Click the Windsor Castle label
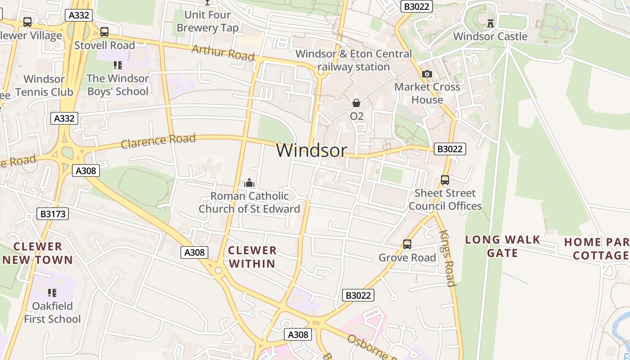click(x=490, y=36)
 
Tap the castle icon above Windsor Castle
click(x=490, y=22)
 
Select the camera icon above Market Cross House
click(x=427, y=74)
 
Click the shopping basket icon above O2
click(x=356, y=103)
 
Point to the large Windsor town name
click(x=311, y=150)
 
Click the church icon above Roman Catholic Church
click(x=249, y=183)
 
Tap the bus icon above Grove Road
click(x=407, y=244)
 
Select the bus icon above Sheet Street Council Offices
click(x=445, y=180)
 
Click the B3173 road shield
click(x=53, y=214)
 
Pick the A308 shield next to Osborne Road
click(x=298, y=334)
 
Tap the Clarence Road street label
click(x=158, y=140)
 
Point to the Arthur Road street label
click(x=223, y=53)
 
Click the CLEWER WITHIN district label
click(x=252, y=257)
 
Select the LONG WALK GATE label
click(x=502, y=246)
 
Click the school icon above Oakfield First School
click(x=52, y=293)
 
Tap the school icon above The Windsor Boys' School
click(x=118, y=65)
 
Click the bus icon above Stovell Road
click(x=104, y=32)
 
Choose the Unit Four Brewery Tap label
click(x=207, y=21)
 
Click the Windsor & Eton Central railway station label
click(x=353, y=60)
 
